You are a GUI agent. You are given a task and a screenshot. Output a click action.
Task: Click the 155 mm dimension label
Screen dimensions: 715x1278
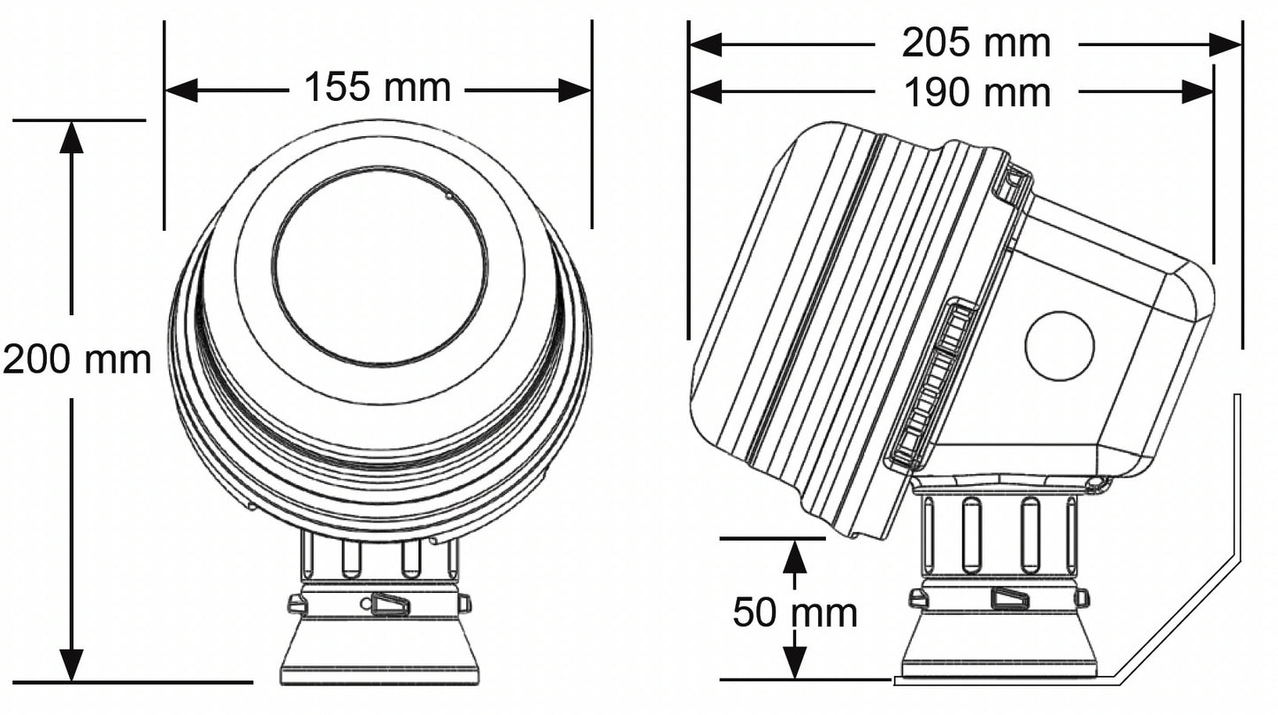tap(378, 88)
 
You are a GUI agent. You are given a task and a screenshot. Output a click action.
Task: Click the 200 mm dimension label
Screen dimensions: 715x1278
tap(77, 359)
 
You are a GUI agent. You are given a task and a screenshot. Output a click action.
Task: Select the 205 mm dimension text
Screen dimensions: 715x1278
tap(976, 42)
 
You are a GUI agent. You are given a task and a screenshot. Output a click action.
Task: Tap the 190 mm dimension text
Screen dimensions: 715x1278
tap(976, 92)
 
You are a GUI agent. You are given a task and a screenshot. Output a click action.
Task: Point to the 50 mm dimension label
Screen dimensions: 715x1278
tap(794, 612)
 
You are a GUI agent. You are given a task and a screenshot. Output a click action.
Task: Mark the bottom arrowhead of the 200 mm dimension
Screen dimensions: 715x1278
tap(72, 665)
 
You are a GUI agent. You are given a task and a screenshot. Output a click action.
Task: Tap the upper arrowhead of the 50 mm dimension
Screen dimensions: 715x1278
tap(795, 555)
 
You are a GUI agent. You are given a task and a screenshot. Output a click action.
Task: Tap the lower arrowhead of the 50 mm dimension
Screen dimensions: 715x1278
tap(795, 663)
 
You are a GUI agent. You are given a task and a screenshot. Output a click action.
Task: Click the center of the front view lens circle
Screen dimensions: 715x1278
tap(379, 265)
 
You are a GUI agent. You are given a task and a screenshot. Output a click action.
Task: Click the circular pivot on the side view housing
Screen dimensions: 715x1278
tap(1060, 345)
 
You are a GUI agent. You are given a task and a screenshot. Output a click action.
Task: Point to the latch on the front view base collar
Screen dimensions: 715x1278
tap(390, 604)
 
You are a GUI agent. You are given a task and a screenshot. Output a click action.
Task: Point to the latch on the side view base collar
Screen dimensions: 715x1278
tap(1009, 599)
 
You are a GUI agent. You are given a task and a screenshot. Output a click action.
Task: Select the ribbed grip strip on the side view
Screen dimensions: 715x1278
tap(934, 385)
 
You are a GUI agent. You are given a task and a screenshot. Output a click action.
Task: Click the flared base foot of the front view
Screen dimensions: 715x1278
tap(379, 650)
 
